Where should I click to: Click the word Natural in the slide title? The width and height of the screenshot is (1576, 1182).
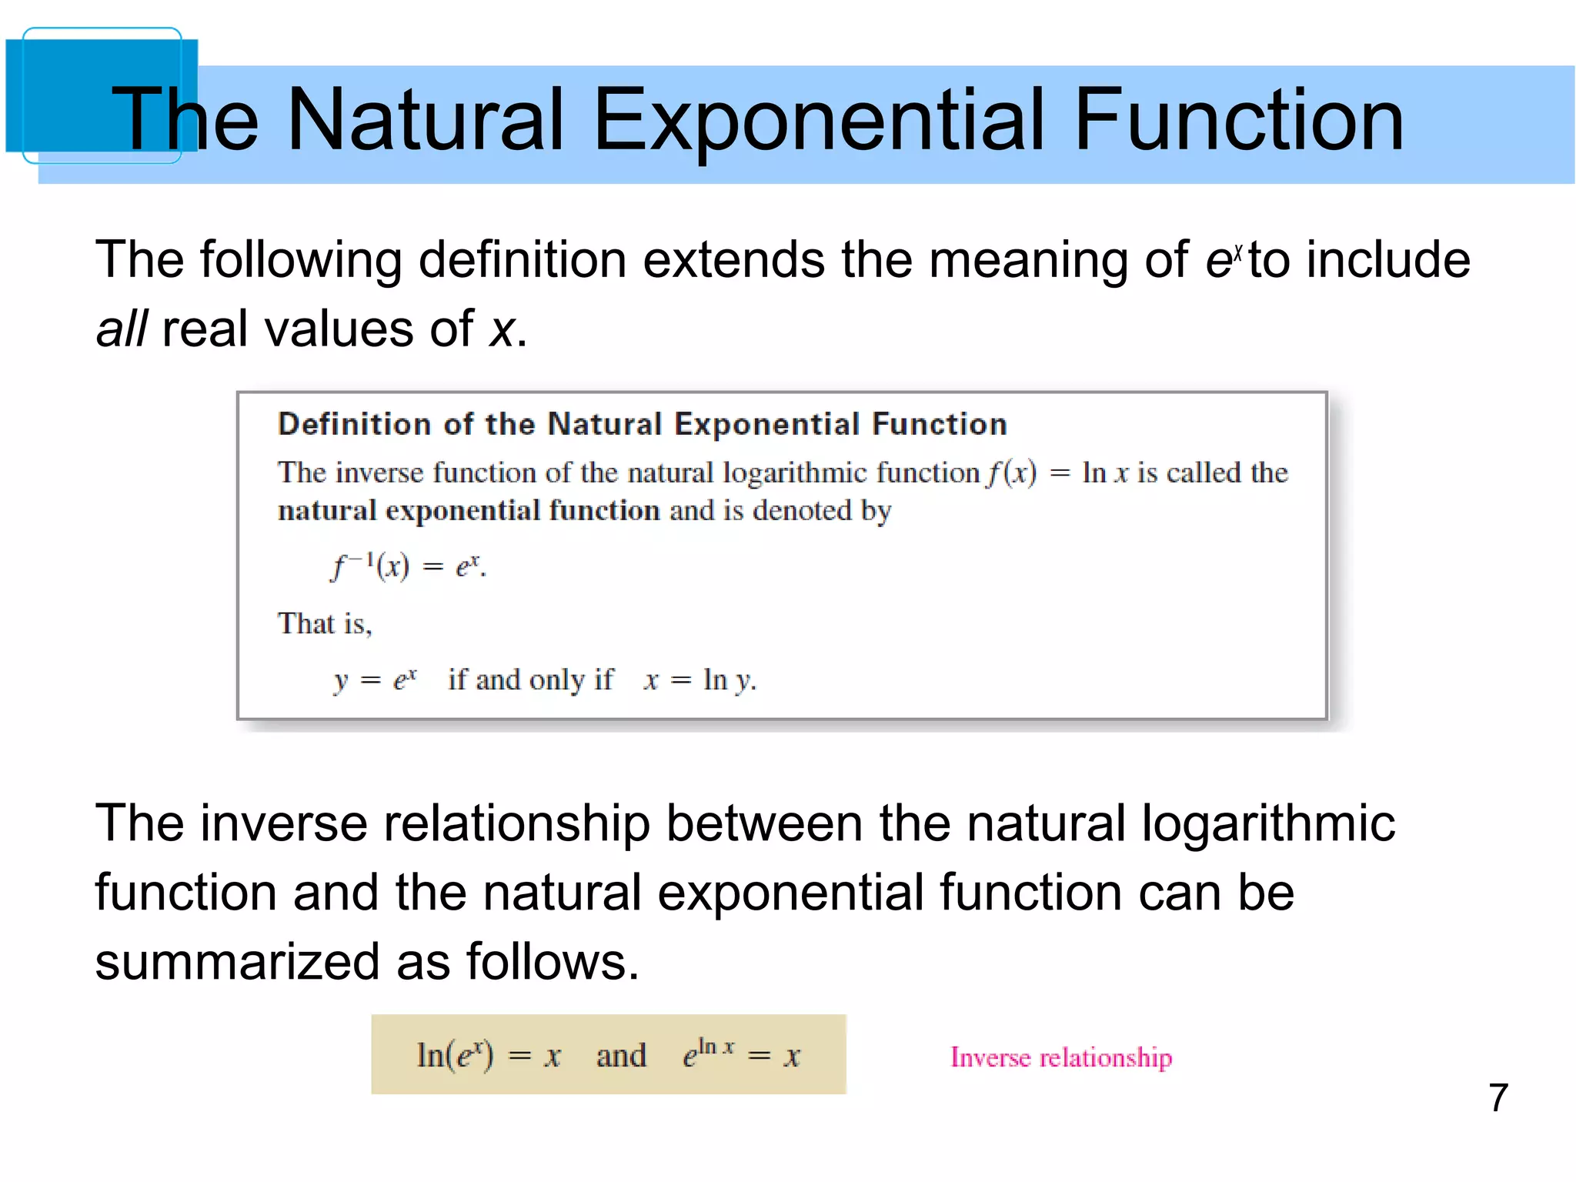425,119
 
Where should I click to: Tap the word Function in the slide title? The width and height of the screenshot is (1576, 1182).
1238,119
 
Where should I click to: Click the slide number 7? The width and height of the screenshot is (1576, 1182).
1498,1097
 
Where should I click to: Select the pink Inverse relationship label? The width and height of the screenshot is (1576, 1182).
1060,1057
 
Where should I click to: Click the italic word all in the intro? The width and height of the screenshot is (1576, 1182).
121,329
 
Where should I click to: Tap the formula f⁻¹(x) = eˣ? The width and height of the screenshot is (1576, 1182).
408,567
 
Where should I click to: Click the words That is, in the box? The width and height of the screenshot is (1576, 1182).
325,624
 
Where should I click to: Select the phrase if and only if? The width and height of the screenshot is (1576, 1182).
530,680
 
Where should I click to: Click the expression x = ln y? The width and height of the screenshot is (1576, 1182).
700,680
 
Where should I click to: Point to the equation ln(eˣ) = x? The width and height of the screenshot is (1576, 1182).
488,1055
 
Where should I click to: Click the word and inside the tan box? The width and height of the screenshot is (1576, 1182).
621,1056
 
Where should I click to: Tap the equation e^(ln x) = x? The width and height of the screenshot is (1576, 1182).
741,1054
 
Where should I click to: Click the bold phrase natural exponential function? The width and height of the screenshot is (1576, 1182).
469,511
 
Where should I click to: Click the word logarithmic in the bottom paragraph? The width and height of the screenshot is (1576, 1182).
1267,823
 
